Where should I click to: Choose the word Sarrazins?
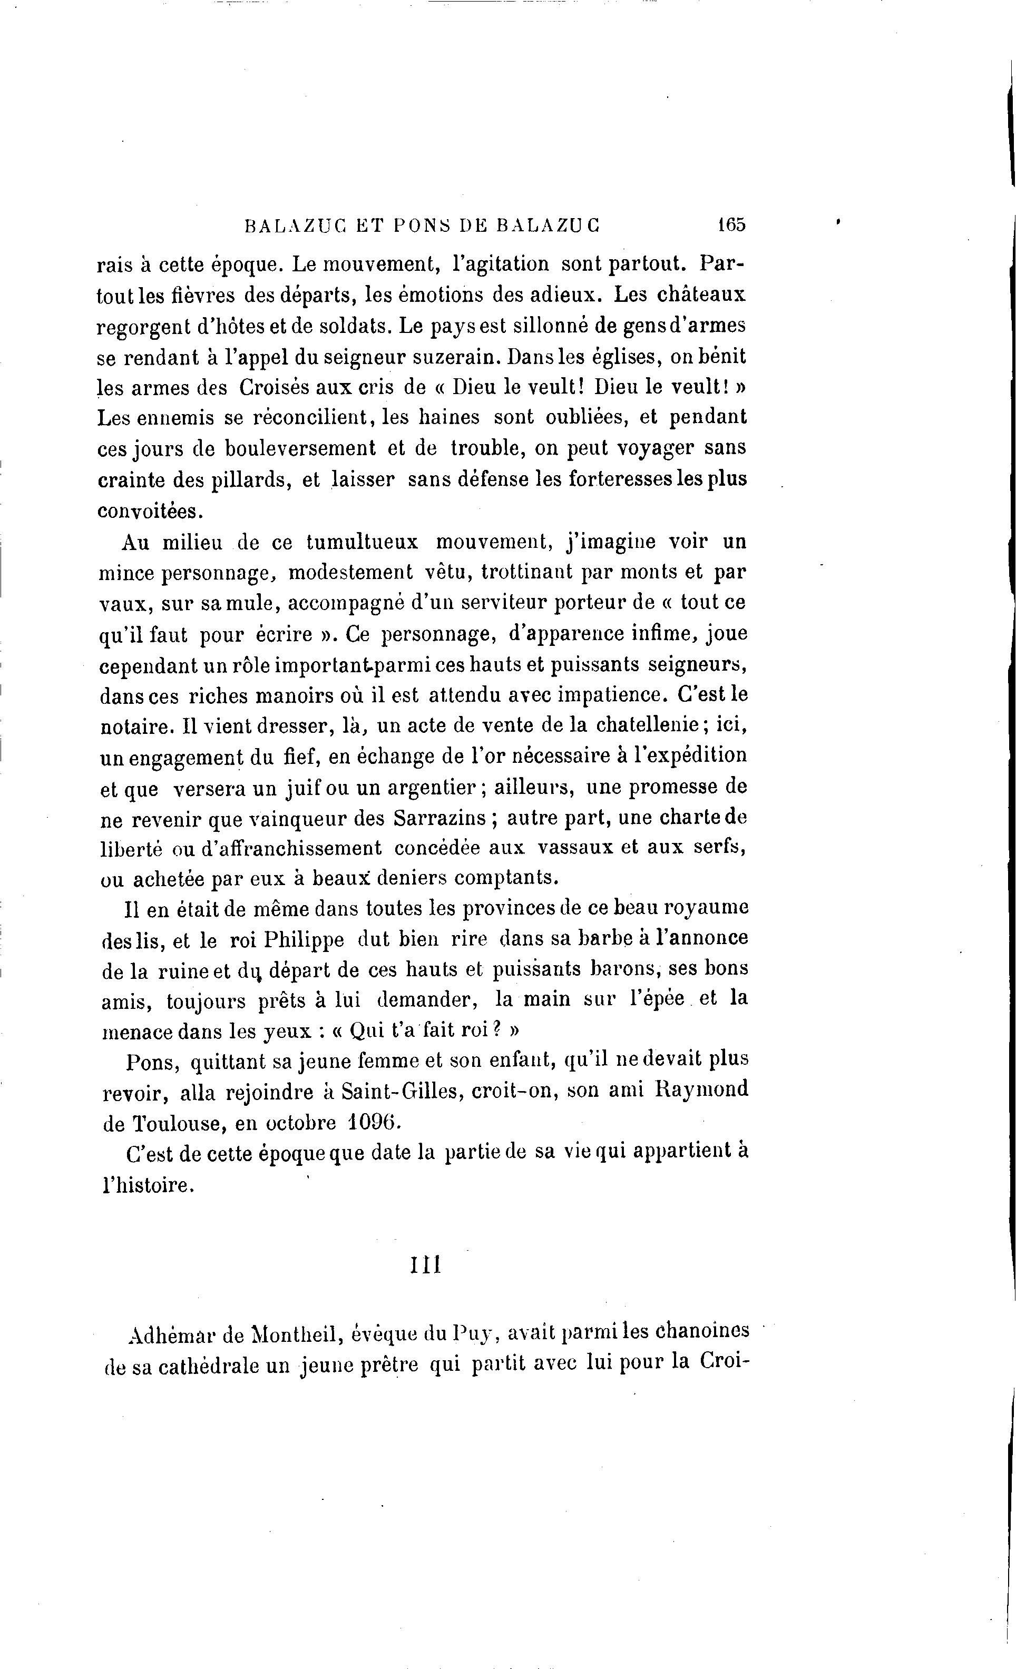click(x=440, y=819)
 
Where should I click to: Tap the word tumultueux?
click(x=363, y=542)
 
